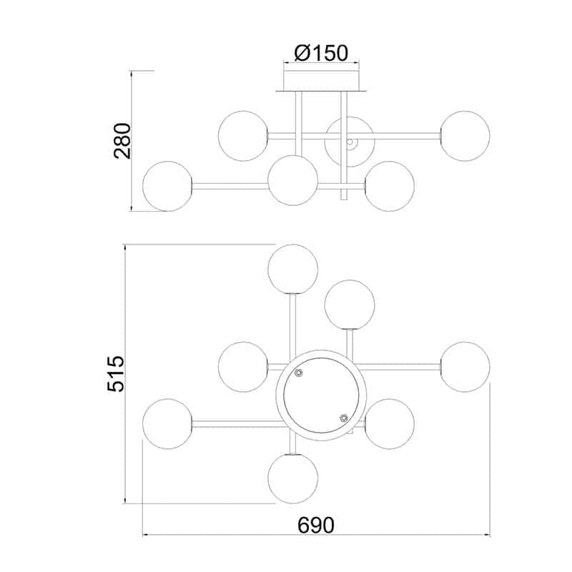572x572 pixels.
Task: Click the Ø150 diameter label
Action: [321, 52]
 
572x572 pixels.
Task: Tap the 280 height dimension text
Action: [122, 141]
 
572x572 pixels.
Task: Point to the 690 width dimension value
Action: [316, 526]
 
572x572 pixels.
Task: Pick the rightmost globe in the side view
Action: [465, 136]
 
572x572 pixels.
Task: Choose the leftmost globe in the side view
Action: [168, 186]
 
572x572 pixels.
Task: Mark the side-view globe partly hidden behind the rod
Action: [350, 141]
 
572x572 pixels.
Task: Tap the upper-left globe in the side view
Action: [243, 136]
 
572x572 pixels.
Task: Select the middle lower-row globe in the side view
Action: [293, 179]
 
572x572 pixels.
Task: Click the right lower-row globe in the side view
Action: [390, 186]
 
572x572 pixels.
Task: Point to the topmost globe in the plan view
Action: [292, 269]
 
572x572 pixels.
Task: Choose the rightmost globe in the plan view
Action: [465, 367]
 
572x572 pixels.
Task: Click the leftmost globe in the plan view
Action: [167, 424]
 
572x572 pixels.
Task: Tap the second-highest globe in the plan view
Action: [350, 305]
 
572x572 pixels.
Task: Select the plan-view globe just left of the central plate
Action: [243, 367]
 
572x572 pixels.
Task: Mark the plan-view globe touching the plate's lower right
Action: [390, 424]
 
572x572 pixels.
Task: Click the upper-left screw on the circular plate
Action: [300, 373]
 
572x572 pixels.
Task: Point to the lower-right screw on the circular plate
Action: [344, 418]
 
